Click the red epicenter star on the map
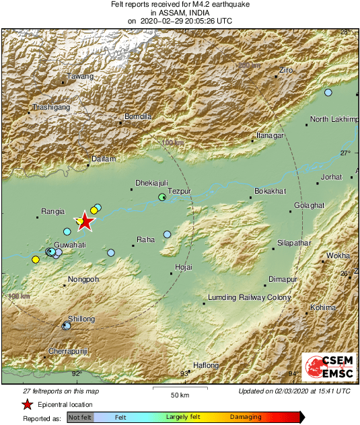tap(85, 221)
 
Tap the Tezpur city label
tap(180, 191)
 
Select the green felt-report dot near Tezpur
tap(161, 197)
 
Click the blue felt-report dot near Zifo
tap(328, 93)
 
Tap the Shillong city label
tap(81, 319)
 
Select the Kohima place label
tap(322, 307)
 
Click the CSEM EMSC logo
tap(326, 368)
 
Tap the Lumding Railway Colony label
tap(249, 297)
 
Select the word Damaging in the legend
tap(246, 417)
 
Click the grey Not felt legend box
tap(79, 417)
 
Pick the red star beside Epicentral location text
tap(27, 404)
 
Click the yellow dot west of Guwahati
tap(35, 260)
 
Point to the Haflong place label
tap(206, 365)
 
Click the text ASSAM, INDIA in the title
tap(180, 13)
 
